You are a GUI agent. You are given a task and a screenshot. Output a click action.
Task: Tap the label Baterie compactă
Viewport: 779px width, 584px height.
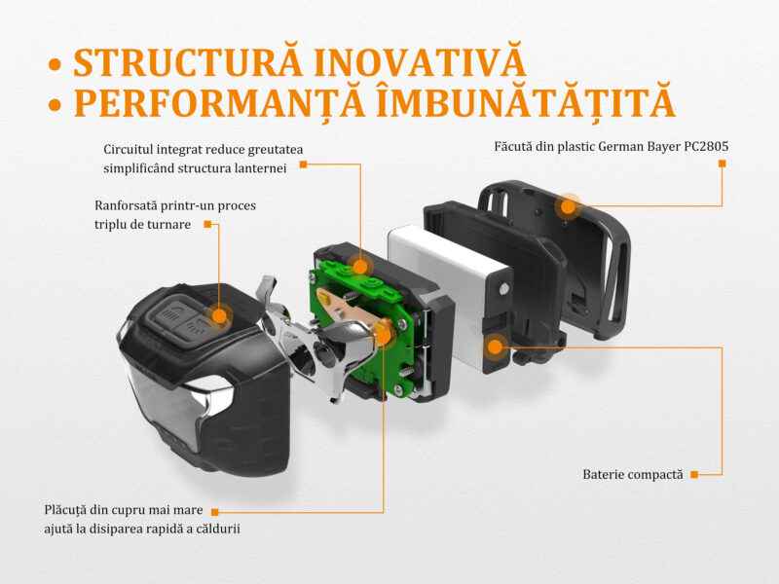[x=633, y=475]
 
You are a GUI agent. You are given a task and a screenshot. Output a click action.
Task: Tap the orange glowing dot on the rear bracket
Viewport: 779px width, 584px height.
[x=568, y=206]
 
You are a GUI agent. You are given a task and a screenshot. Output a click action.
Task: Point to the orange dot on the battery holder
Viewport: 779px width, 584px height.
[x=496, y=347]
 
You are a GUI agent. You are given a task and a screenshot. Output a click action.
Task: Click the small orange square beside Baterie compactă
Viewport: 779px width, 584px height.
[x=694, y=475]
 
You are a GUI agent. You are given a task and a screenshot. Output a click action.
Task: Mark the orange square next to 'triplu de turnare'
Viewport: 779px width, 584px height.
[x=207, y=225]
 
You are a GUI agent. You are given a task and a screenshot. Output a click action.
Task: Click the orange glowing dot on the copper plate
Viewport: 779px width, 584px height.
[x=383, y=336]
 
